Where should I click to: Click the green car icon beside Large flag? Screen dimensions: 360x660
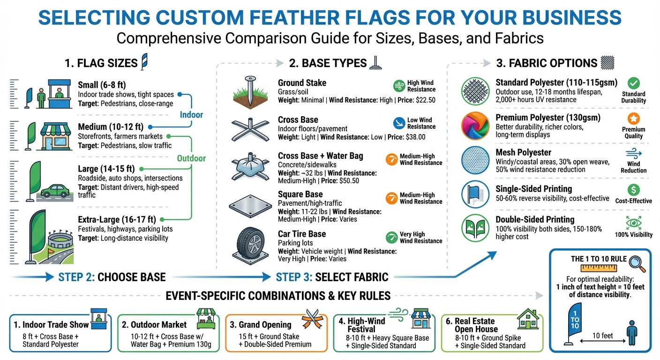tap(55, 191)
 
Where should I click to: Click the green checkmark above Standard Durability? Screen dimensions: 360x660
tap(633, 83)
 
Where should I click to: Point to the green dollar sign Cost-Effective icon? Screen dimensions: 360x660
tap(633, 190)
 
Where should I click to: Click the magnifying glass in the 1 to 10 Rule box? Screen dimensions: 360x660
tap(635, 261)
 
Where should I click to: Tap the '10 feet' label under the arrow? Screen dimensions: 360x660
tap(602, 336)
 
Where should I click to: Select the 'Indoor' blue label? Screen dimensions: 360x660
tap(191, 115)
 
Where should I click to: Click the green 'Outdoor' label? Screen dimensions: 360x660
tap(191, 158)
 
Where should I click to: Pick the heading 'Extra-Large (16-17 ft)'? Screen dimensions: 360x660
tap(117, 219)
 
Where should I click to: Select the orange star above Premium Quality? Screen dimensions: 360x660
tap(633, 119)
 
